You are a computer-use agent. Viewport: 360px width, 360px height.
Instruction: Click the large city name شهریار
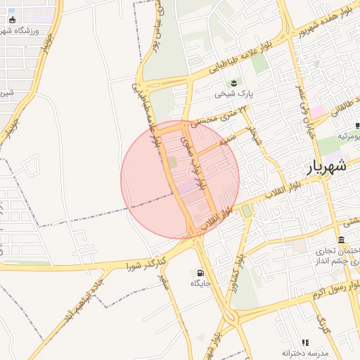[x=327, y=168]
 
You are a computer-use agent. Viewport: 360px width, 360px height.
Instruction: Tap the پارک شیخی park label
[x=233, y=93]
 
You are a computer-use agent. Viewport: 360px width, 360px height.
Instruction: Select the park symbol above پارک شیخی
[x=234, y=82]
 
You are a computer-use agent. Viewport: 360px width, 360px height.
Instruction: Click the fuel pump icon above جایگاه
[x=201, y=273]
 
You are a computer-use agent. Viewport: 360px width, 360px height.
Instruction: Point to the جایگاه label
[x=200, y=283]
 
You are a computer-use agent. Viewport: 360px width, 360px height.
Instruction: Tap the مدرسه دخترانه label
[x=305, y=352]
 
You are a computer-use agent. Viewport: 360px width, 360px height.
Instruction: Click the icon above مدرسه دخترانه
[x=305, y=342]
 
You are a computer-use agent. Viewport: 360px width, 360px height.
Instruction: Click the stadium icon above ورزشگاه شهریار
[x=12, y=20]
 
